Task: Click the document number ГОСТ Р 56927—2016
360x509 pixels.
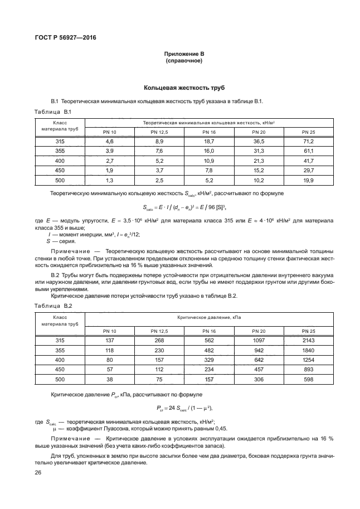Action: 62,38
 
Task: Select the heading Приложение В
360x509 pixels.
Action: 184,54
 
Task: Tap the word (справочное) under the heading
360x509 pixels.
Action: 184,61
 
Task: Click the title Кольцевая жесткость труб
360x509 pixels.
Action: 184,88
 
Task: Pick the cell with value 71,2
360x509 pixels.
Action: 308,142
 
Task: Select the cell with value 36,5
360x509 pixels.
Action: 259,142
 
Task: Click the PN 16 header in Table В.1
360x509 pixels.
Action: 209,132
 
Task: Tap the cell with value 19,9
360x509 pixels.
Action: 308,180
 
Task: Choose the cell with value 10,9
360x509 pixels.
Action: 209,161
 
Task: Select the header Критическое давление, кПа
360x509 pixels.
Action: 209,317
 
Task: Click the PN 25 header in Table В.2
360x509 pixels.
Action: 308,331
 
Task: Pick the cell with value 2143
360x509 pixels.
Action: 308,340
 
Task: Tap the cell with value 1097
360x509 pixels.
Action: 259,340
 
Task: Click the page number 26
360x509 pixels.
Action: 38,473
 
